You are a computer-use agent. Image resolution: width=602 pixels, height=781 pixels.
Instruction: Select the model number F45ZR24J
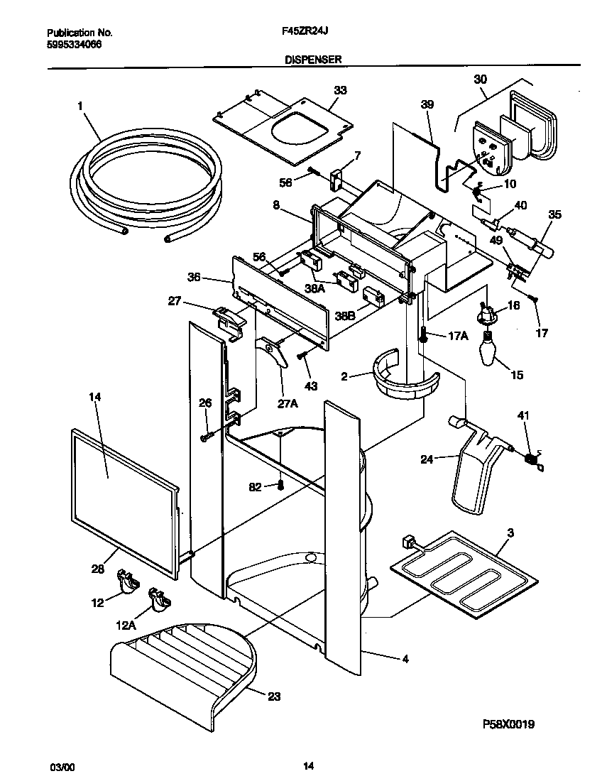302,33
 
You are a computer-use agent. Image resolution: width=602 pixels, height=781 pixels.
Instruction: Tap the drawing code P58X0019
508,724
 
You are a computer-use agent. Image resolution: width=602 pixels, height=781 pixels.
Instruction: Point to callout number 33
340,90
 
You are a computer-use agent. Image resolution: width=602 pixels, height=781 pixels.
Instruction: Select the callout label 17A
459,337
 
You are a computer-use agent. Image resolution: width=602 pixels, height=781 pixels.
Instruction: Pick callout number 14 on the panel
94,398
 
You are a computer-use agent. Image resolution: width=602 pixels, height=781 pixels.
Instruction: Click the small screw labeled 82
280,486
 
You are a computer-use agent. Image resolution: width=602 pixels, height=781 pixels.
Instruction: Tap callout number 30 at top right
480,80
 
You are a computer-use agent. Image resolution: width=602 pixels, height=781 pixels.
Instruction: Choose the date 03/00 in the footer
61,766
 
